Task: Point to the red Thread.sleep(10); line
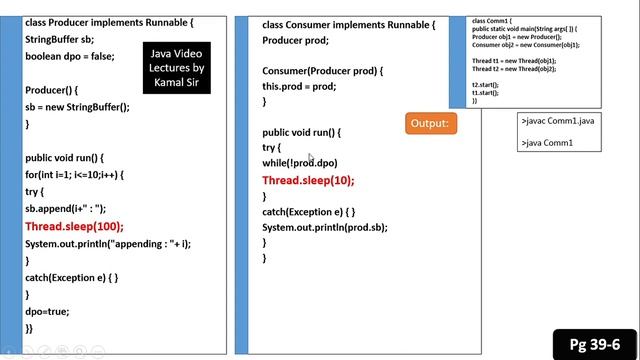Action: [x=308, y=181]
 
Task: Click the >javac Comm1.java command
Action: [x=558, y=120]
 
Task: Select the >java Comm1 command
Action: [x=546, y=143]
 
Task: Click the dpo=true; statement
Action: [x=47, y=311]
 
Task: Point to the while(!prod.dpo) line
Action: [x=300, y=163]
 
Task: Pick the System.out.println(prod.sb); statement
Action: [x=324, y=228]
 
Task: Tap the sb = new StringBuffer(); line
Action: [x=77, y=106]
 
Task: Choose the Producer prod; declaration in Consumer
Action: [x=295, y=40]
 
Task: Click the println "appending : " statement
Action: [x=107, y=244]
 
